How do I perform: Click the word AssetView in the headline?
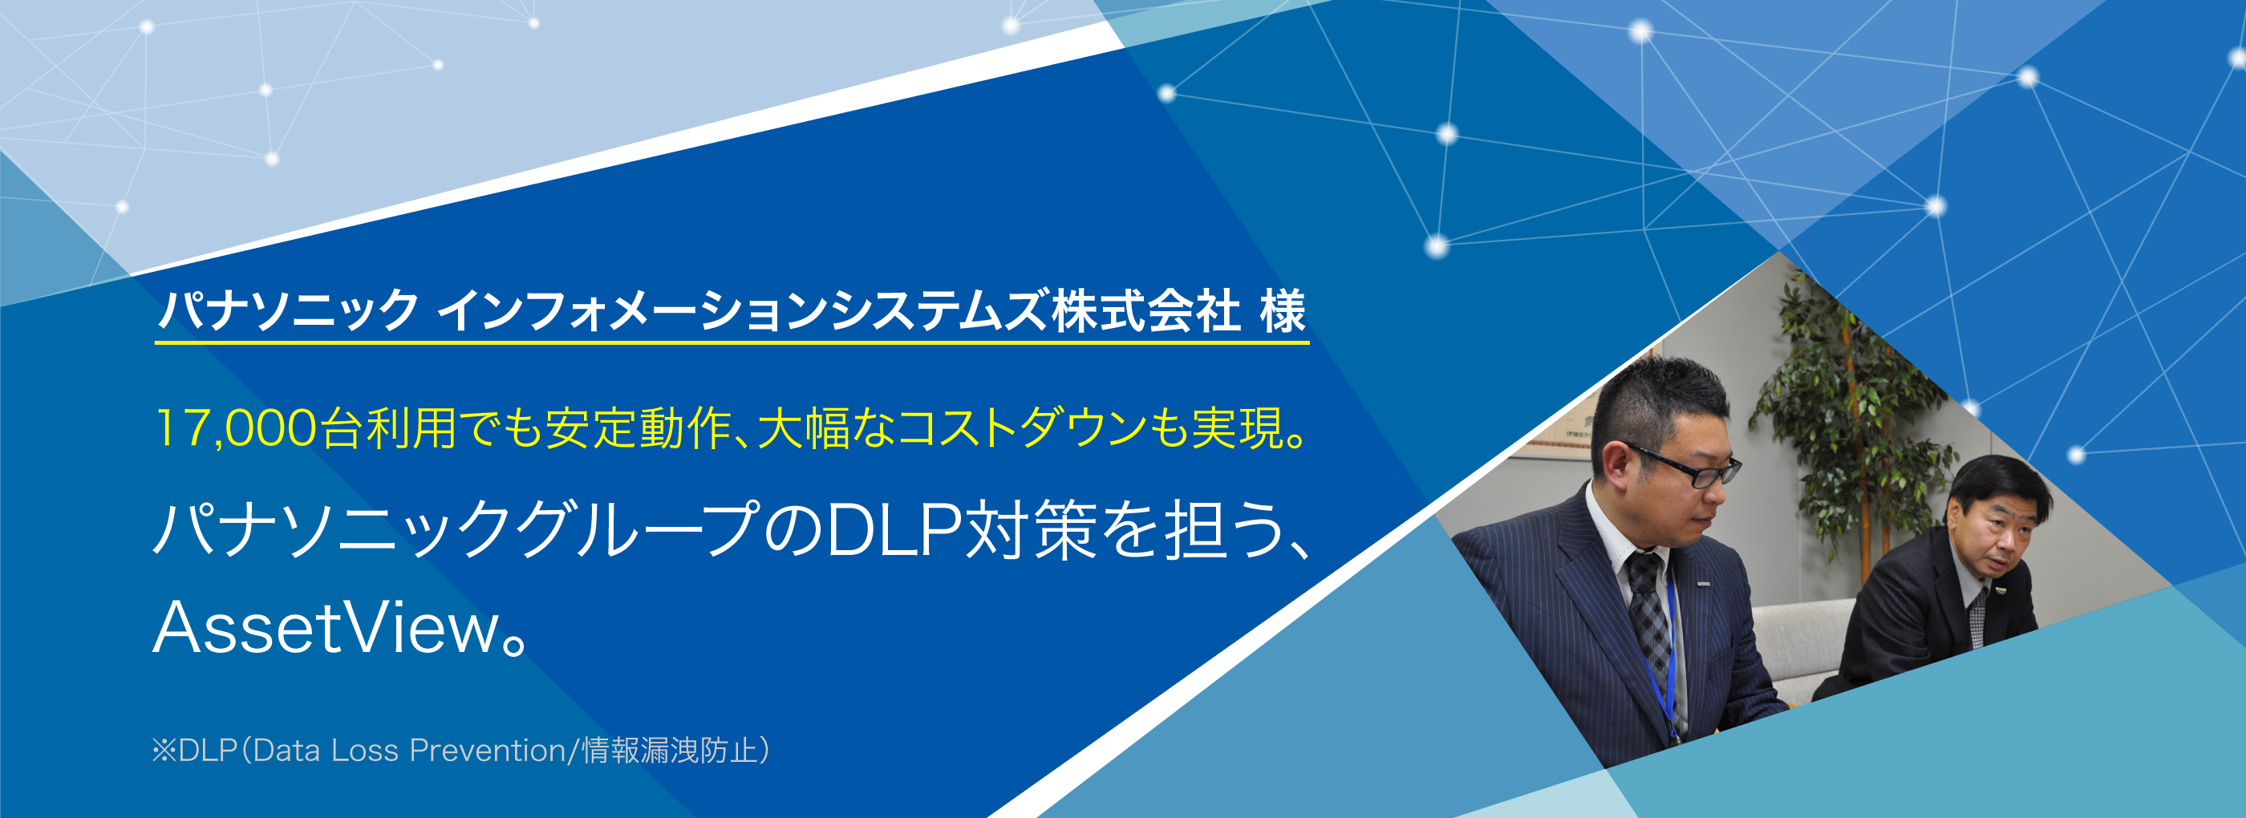click(x=326, y=629)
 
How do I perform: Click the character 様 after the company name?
click(x=1283, y=310)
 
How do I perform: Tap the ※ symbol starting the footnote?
click(x=164, y=751)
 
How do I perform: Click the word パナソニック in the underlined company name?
click(x=289, y=310)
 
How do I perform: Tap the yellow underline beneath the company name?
click(x=732, y=342)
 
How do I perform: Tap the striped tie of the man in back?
click(x=1978, y=616)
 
